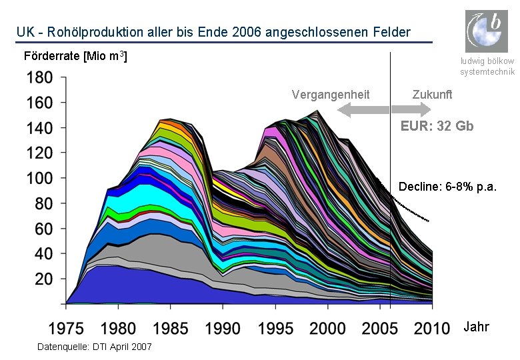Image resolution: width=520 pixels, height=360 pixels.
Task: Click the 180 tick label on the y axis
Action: tap(39, 77)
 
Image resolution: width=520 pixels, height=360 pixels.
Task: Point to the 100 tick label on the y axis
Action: tap(39, 179)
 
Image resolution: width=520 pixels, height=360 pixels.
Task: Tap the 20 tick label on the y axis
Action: tap(44, 279)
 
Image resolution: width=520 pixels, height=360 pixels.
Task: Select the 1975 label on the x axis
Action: tap(66, 329)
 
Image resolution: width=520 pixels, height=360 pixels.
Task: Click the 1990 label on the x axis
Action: tap(223, 329)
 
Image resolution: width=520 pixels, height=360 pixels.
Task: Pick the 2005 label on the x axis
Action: tap(380, 329)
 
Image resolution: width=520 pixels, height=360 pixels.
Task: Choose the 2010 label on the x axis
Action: tap(432, 329)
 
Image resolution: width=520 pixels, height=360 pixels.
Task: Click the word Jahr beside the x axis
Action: tap(476, 327)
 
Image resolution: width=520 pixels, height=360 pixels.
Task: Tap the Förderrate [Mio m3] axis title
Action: tap(75, 56)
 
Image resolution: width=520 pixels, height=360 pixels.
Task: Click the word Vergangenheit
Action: tap(331, 95)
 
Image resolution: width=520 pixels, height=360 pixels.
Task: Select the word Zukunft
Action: tap(432, 95)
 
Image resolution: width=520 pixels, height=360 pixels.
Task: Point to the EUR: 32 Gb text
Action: tap(437, 126)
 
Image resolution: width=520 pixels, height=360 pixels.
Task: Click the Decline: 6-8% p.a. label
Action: tap(447, 187)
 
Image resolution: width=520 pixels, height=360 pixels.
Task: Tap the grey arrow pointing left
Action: tap(363, 110)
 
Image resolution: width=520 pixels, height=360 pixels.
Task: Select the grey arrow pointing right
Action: tap(411, 109)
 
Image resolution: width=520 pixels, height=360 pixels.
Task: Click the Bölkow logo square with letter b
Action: tap(487, 31)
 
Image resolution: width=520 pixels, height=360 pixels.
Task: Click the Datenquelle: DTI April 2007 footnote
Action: tap(95, 347)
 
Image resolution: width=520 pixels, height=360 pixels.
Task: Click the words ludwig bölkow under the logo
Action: tap(487, 61)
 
